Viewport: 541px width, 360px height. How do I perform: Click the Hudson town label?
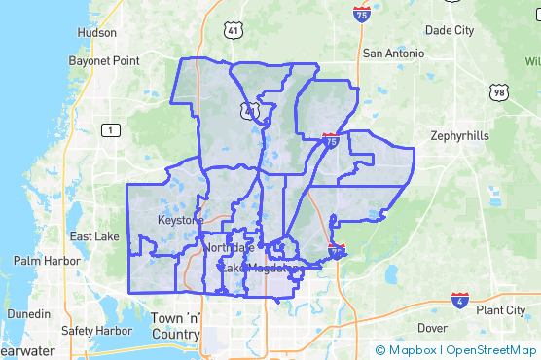click(x=96, y=32)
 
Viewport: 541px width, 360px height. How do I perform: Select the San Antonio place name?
click(x=393, y=53)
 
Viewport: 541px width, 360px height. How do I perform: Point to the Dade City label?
click(x=450, y=30)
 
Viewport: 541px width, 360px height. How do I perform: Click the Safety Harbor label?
click(x=96, y=330)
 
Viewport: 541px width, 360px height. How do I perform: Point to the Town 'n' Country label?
click(x=175, y=327)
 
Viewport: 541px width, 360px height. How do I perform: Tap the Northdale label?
click(x=228, y=248)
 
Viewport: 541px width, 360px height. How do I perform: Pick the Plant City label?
click(x=501, y=310)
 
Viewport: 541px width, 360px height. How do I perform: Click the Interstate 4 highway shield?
click(x=460, y=300)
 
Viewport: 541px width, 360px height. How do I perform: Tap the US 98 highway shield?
click(x=499, y=92)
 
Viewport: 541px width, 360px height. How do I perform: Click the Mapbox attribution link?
click(x=407, y=350)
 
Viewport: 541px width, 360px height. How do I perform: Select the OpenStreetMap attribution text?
click(x=491, y=350)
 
